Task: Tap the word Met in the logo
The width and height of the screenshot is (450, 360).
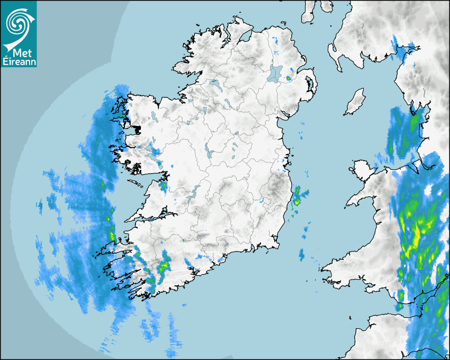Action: click(x=19, y=53)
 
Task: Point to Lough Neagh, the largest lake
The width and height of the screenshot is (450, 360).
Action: click(x=275, y=73)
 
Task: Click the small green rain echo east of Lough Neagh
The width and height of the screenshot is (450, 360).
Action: click(x=289, y=78)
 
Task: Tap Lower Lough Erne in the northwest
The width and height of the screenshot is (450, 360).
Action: click(x=214, y=84)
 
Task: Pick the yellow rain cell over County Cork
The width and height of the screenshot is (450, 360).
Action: click(x=164, y=264)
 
